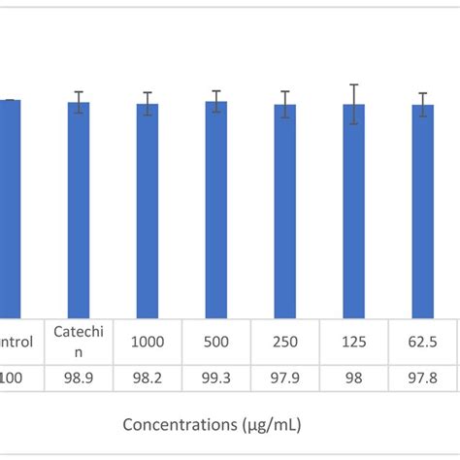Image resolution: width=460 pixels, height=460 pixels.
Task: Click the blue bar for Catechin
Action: [79, 214]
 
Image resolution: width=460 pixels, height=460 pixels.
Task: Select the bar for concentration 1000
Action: [148, 214]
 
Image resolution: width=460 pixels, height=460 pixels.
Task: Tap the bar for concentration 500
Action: [216, 214]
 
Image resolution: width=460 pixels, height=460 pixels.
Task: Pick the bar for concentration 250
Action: [285, 214]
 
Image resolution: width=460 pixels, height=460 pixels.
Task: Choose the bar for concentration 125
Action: [354, 214]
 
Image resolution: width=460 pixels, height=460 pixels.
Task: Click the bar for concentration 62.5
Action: [423, 214]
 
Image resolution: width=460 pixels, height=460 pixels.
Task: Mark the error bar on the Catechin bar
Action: [79, 103]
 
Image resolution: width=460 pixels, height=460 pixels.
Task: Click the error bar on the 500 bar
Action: [216, 101]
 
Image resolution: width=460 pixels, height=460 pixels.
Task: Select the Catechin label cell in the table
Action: [79, 342]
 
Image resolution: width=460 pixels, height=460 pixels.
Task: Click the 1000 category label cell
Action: [148, 342]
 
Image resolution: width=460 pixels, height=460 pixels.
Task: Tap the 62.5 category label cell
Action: [423, 342]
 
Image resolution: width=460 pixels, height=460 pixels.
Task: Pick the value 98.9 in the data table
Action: [79, 378]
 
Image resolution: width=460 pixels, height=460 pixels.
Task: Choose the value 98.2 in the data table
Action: [148, 378]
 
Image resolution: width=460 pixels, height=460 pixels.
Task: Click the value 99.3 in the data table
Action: [216, 378]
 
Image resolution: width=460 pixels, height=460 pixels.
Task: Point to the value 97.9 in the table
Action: [285, 378]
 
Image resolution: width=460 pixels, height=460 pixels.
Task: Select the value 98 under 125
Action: [354, 378]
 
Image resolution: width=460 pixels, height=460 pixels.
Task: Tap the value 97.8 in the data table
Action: [423, 378]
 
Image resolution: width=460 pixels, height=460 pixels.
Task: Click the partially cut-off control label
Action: [16, 342]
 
